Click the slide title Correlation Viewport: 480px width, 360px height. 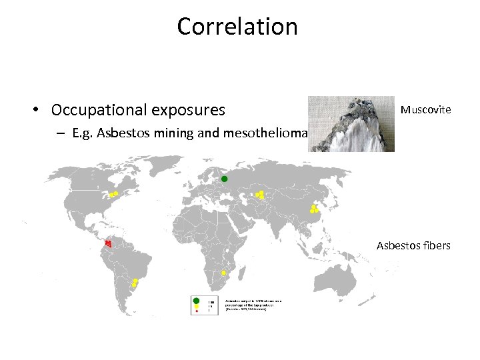(x=237, y=27)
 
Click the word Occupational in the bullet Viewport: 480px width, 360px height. (x=92, y=109)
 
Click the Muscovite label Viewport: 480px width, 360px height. (x=425, y=109)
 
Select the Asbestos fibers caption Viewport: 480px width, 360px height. (x=413, y=246)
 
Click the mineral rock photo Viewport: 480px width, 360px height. (x=351, y=124)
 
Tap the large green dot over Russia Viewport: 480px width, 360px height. (x=225, y=179)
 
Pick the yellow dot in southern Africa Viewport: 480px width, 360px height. (x=224, y=273)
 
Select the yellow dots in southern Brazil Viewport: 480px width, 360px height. (x=135, y=283)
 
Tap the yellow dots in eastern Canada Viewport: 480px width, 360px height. (x=114, y=195)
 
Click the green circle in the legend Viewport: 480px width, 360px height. (x=196, y=301)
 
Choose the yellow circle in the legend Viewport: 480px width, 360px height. (x=196, y=307)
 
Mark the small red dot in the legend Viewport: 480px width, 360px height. (x=196, y=312)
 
